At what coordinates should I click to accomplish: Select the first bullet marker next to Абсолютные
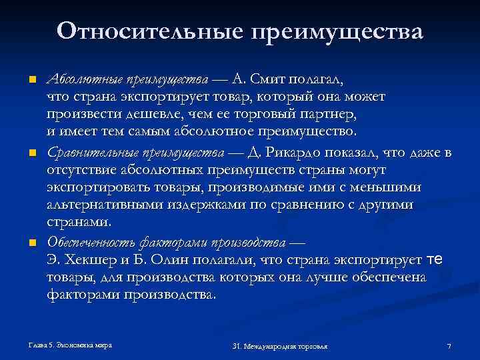[x=31, y=81]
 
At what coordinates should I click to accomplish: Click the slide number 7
[x=449, y=346]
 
